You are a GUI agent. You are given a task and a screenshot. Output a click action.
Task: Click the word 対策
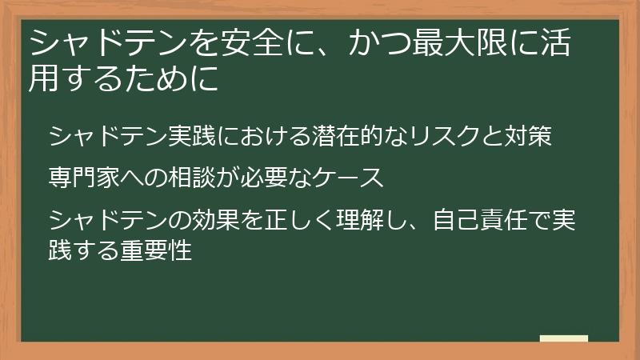click(x=528, y=137)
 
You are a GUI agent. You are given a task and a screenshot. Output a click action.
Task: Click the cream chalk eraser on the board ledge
click(x=563, y=339)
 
